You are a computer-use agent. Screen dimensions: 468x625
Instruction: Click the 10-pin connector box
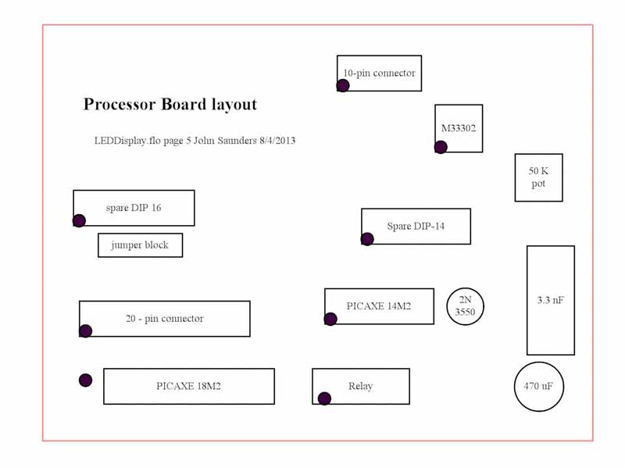[x=379, y=73]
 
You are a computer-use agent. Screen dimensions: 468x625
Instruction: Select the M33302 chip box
[x=459, y=128]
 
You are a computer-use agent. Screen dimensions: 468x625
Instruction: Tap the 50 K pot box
[x=538, y=177]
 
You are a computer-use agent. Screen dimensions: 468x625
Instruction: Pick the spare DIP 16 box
[x=134, y=208]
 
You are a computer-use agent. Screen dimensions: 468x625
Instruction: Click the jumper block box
[x=140, y=245]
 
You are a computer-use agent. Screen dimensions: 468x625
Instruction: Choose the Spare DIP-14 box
[x=416, y=227]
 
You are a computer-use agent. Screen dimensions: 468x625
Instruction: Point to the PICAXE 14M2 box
[x=379, y=306]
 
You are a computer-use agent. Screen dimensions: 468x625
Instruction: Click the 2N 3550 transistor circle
[x=465, y=306]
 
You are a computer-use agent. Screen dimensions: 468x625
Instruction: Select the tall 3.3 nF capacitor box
[x=550, y=300]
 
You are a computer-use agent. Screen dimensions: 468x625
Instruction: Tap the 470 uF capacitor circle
[x=538, y=386]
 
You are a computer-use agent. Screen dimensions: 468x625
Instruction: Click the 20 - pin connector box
[x=164, y=319]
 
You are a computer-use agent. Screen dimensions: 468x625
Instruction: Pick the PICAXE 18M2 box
[x=188, y=386]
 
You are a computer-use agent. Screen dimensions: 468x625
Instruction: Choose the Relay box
[x=360, y=386]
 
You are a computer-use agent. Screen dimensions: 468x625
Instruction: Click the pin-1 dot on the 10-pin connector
[x=343, y=86]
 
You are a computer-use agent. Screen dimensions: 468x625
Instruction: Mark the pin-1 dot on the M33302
[x=441, y=147]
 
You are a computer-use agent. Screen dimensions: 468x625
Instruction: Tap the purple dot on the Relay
[x=324, y=398]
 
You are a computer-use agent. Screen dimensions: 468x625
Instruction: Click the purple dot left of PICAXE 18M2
[x=86, y=380]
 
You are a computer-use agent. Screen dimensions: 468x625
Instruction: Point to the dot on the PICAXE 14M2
[x=330, y=319]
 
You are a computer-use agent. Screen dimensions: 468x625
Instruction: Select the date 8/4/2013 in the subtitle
[x=277, y=141]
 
